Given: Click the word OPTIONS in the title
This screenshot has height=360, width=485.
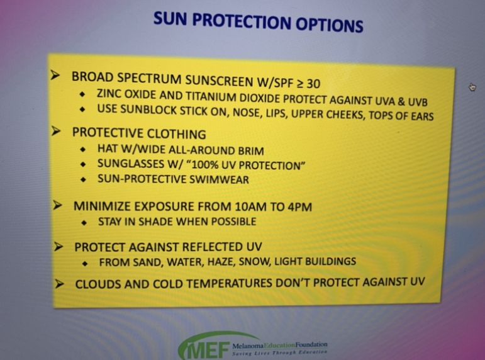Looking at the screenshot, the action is [x=329, y=24].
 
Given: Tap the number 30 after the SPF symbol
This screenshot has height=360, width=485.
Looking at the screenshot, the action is [x=314, y=84].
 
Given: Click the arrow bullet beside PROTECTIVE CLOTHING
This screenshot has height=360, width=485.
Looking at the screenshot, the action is [x=56, y=131].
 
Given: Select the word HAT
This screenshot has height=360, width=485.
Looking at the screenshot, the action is [x=108, y=149].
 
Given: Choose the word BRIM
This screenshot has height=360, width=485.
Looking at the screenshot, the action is [x=251, y=151].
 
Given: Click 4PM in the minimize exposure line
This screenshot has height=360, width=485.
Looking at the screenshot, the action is [x=299, y=207].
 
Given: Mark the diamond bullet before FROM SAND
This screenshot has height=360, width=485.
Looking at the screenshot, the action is [x=85, y=264].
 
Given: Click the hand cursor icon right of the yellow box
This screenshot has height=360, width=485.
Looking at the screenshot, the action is [x=472, y=87].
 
